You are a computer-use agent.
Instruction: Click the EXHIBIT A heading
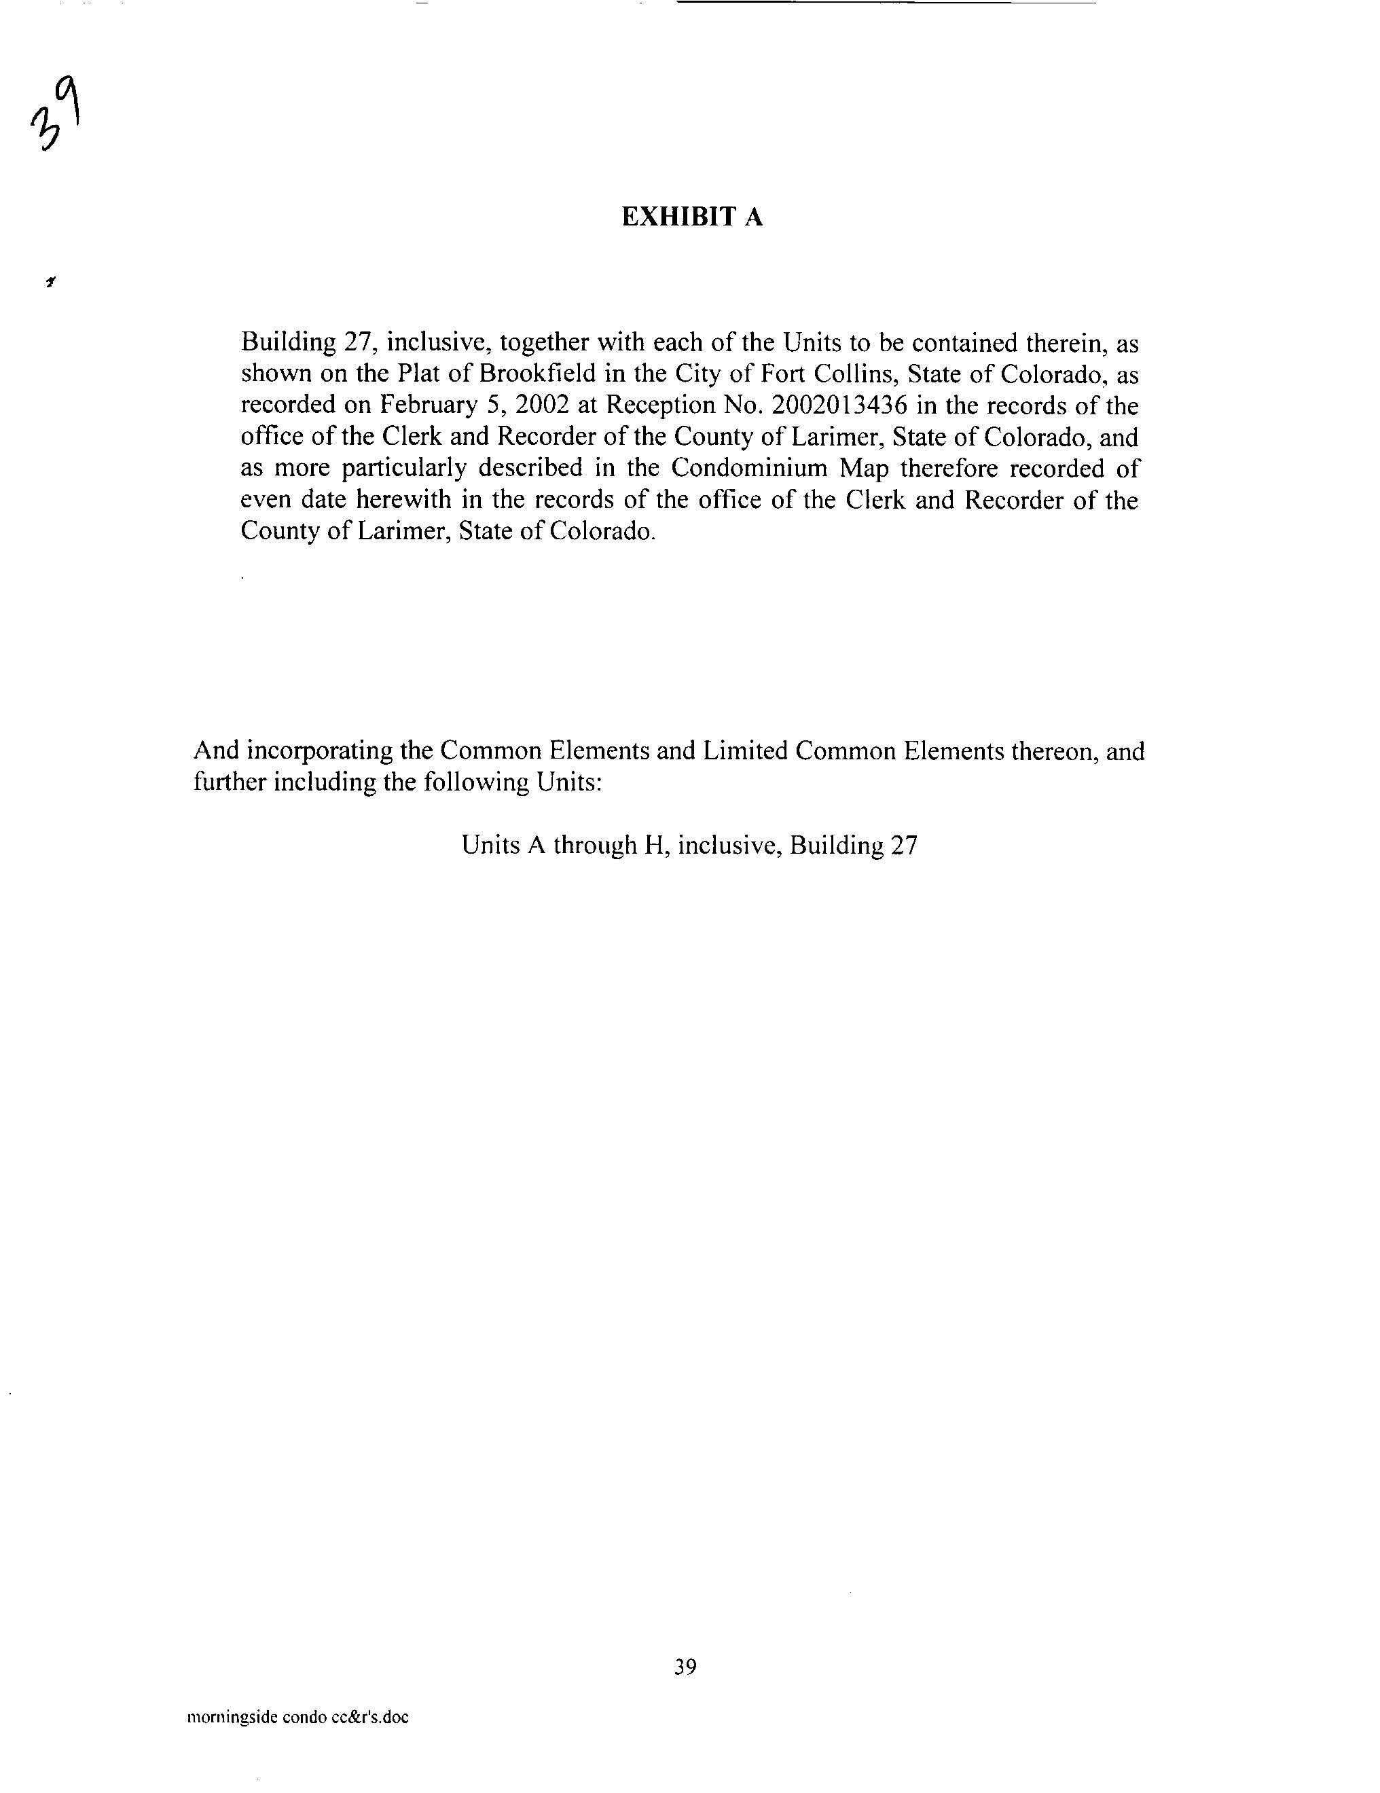(x=691, y=217)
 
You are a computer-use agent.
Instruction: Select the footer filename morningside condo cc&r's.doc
(x=297, y=1718)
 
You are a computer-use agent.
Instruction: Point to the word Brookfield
(x=537, y=374)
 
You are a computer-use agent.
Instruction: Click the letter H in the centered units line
(x=653, y=845)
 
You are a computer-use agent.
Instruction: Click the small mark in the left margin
(x=51, y=283)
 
